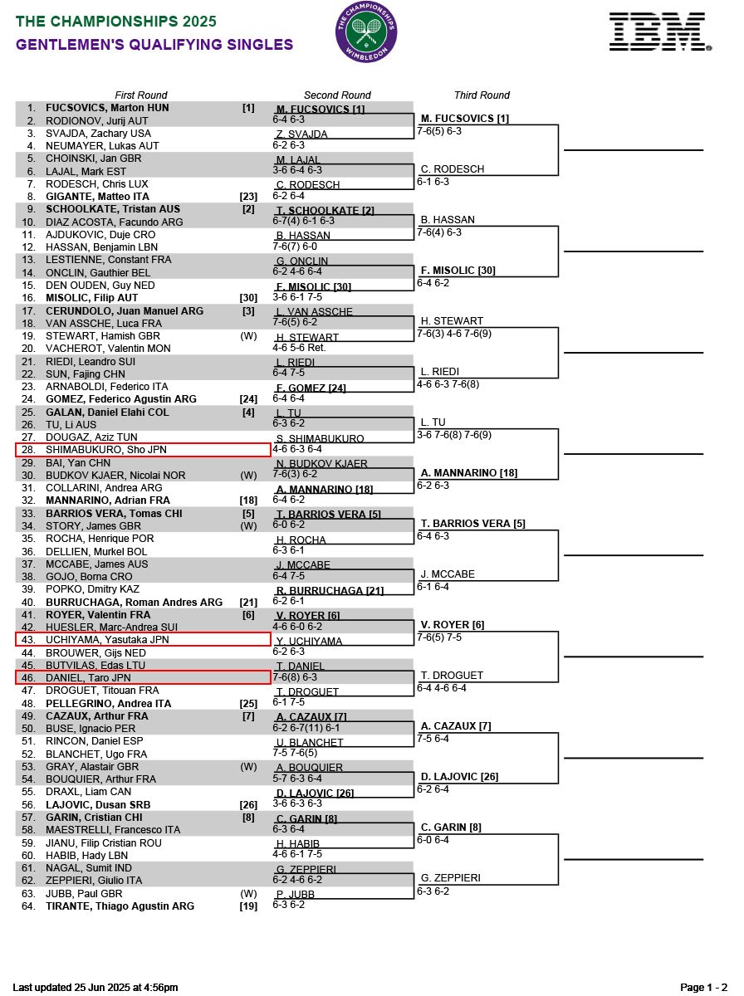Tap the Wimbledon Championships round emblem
(x=366, y=32)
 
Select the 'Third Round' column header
(x=482, y=95)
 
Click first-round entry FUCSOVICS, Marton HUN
(x=107, y=108)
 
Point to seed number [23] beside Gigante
(x=248, y=197)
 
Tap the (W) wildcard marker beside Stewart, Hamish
(x=248, y=336)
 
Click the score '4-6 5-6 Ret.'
(x=299, y=349)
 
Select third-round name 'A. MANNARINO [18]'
(x=469, y=473)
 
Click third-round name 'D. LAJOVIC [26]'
(x=459, y=777)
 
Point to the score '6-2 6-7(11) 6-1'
(x=306, y=728)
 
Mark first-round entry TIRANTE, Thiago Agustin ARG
(x=120, y=906)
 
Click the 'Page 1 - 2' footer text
(x=704, y=988)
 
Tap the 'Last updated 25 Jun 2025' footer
(x=95, y=988)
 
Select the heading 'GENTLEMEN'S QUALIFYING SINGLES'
(x=154, y=45)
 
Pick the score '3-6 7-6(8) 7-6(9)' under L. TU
(x=454, y=435)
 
